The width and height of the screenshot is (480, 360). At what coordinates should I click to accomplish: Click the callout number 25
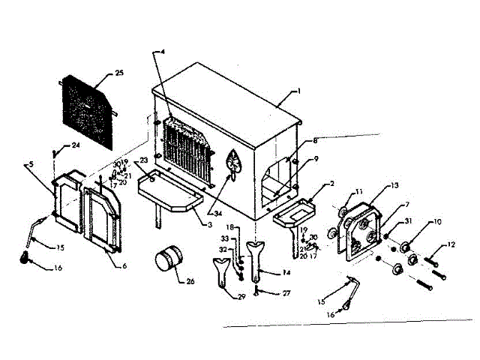[x=119, y=73]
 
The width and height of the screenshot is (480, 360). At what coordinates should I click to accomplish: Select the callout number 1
[x=298, y=91]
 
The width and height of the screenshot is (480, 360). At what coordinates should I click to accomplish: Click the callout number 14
[x=265, y=273]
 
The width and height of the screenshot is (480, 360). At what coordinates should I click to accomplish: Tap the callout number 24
[x=75, y=145]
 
